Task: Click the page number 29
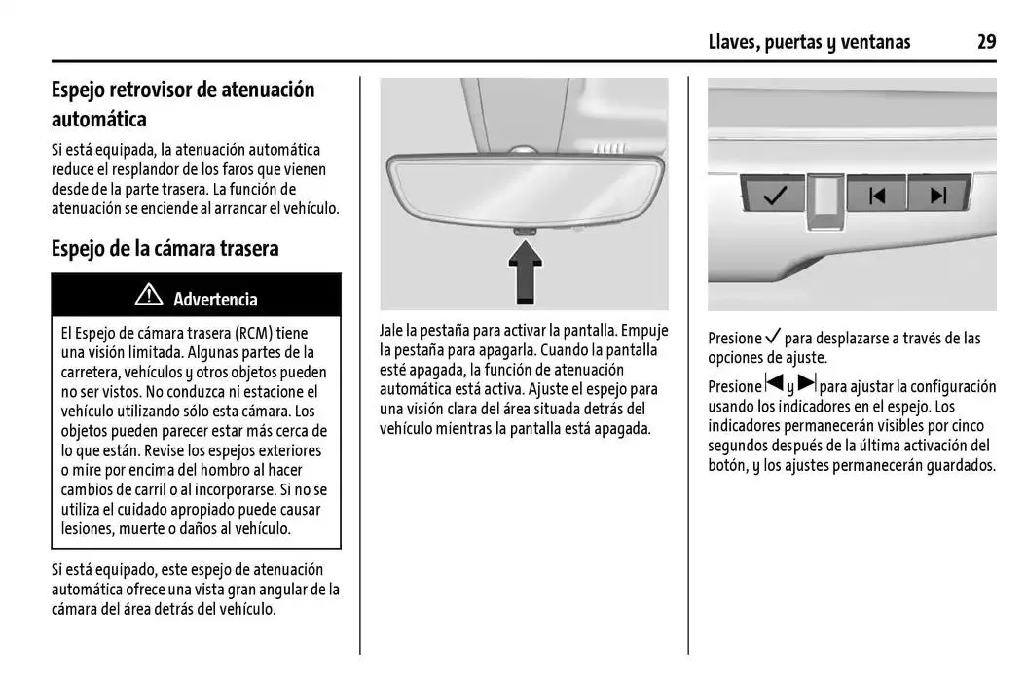[x=986, y=41]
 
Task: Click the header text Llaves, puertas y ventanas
[x=809, y=41]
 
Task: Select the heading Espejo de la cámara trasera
[x=165, y=248]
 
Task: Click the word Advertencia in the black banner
[x=215, y=299]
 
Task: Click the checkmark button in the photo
[x=775, y=196]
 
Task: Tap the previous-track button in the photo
[x=877, y=196]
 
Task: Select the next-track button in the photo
[x=938, y=196]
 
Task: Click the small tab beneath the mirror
[x=525, y=229]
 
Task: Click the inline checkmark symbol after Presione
[x=774, y=338]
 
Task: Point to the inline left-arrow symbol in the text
[x=775, y=383]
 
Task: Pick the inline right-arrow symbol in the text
[x=807, y=383]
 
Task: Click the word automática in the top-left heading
[x=99, y=120]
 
